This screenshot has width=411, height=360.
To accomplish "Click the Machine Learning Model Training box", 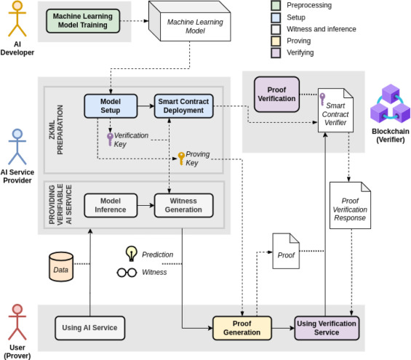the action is coord(83,21).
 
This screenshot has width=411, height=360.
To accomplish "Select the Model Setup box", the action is coord(111,106).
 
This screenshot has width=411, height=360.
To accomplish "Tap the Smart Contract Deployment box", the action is coord(183,106).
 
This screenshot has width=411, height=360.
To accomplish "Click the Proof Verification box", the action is coord(277,95).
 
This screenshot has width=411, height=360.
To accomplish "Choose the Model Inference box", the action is coord(111,205).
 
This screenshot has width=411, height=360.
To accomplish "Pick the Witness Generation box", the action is coord(183,205).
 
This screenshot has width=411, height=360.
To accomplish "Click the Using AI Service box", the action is coord(90,328).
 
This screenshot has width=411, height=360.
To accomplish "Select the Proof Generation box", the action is coord(242,328).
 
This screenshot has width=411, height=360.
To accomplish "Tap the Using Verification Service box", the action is coord(327,328).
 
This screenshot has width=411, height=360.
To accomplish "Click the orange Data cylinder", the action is coord(61,267).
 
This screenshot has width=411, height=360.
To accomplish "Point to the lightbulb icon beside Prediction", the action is coord(132,254).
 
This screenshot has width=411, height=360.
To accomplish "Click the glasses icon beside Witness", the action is coord(127,273).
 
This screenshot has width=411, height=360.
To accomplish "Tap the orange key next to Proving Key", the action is coord(181,159).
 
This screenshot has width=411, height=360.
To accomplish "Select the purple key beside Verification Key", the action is coord(110,140).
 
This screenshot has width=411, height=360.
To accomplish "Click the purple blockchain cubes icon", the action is coord(391,104).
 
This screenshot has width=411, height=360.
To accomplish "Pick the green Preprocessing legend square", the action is coord(276,6).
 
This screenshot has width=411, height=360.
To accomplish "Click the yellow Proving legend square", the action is coord(276,41).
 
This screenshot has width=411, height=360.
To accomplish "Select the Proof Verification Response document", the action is coord(350,205).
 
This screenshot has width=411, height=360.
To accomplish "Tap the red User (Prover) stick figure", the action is coord(17,322).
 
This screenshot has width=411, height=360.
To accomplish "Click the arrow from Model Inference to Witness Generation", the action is coord(145,205).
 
